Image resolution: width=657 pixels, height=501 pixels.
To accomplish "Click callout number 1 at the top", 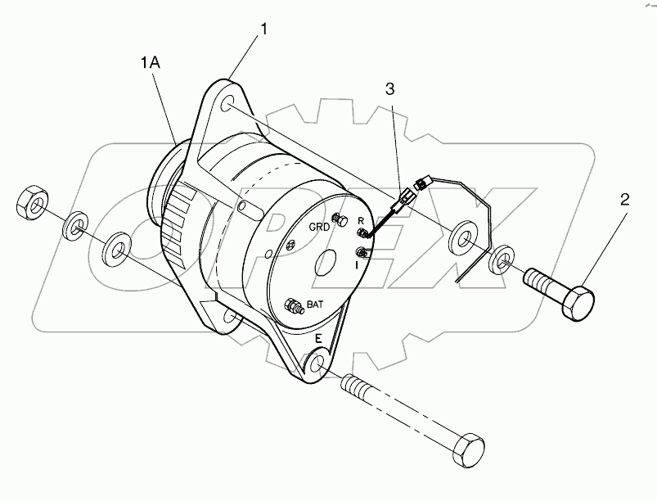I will (263, 30).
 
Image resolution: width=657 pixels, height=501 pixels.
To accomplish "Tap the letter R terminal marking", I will (361, 220).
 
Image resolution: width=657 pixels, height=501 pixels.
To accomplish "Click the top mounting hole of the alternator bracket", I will (229, 103).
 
